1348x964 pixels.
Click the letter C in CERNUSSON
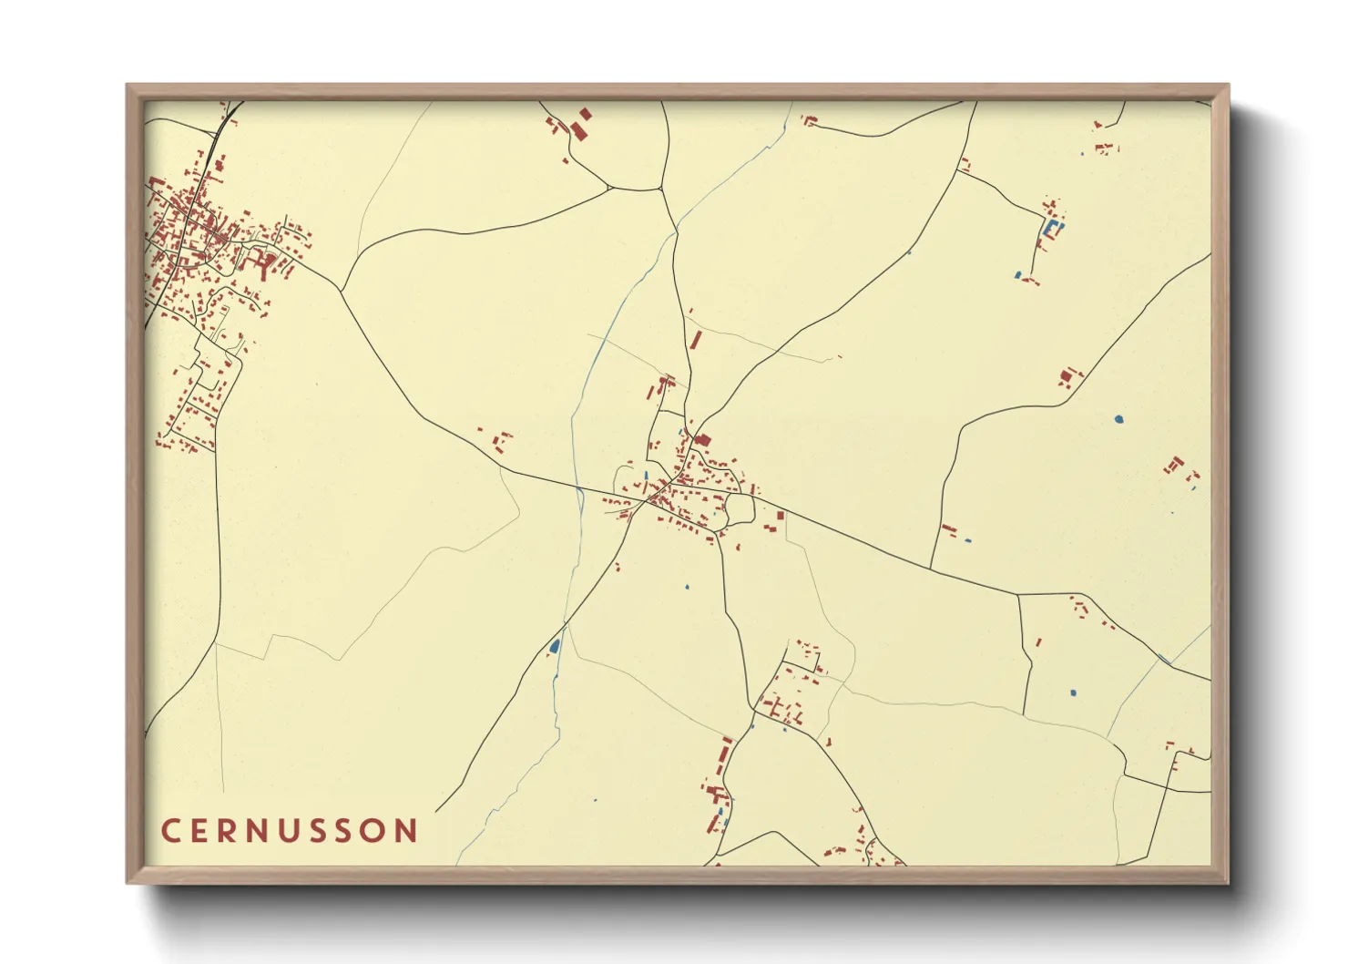click(x=170, y=831)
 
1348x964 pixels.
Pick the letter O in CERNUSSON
click(x=373, y=831)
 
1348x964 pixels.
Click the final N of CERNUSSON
click(x=406, y=831)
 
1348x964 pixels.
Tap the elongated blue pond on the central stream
click(x=554, y=646)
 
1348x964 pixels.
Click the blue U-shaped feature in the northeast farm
click(x=1053, y=228)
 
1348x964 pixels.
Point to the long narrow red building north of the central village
click(x=697, y=340)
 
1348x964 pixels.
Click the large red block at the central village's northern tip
click(x=702, y=441)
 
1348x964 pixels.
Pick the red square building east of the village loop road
click(x=781, y=516)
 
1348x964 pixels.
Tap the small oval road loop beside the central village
click(x=740, y=508)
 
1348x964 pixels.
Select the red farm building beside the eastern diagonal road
click(x=1067, y=375)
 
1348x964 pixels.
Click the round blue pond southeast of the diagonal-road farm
click(x=1118, y=419)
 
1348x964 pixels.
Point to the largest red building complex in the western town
click(x=267, y=263)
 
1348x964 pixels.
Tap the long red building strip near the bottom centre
click(x=724, y=755)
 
